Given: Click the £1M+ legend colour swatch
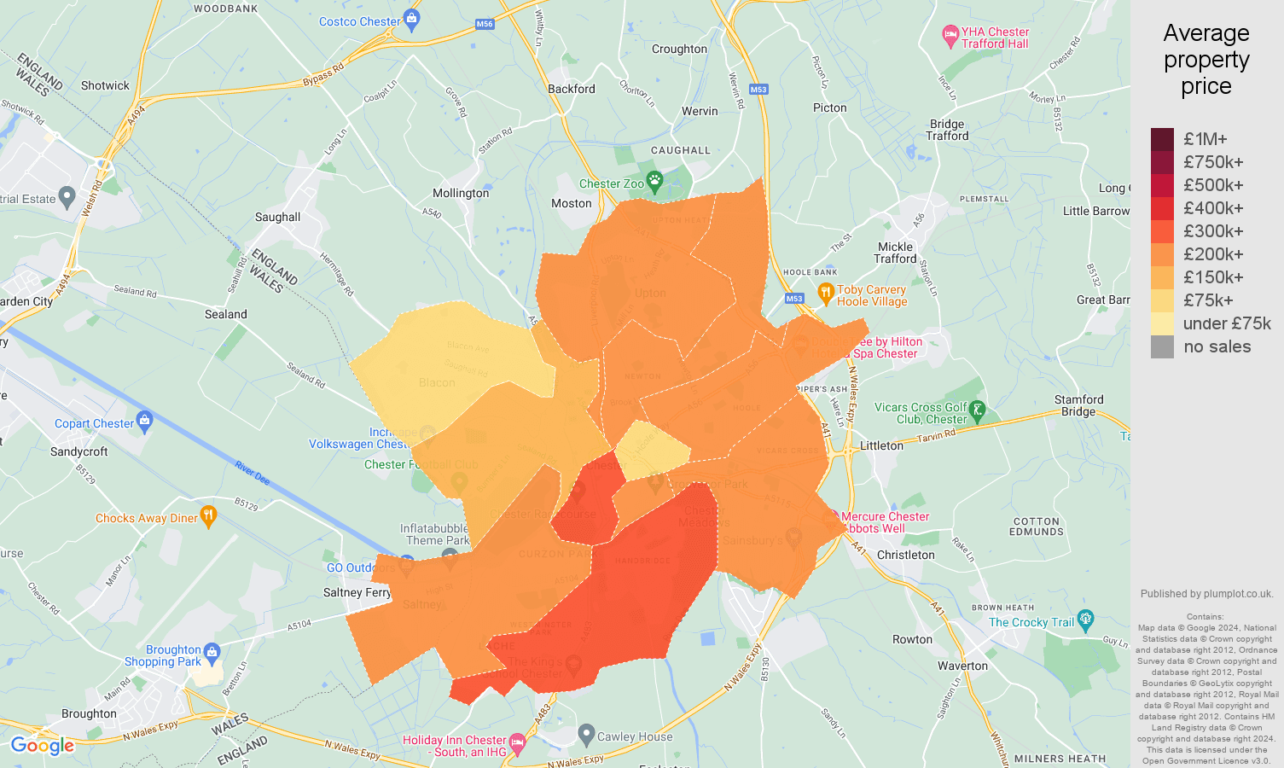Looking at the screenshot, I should point(1162,139).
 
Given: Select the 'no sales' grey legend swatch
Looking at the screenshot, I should point(1162,346).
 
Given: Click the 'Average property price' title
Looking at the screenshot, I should point(1206,60).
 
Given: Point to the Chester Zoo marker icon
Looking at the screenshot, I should point(654,180).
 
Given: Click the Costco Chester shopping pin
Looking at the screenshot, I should point(412,19).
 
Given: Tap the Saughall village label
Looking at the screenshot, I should point(277,217).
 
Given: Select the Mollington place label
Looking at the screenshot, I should point(461,194).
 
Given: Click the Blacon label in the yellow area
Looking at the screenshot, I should point(437,382).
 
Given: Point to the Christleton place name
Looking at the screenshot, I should point(905,555).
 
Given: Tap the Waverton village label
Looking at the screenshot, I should point(962,666).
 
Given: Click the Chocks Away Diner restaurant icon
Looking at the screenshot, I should point(209,515).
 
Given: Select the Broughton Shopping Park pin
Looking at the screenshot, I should point(212,653).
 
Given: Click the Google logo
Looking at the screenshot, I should point(43,746).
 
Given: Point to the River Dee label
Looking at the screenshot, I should point(253,473).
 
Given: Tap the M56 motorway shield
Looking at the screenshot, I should point(485,24).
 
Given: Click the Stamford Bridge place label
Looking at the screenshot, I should point(1078,405).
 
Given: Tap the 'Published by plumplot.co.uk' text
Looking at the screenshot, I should point(1206,594).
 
